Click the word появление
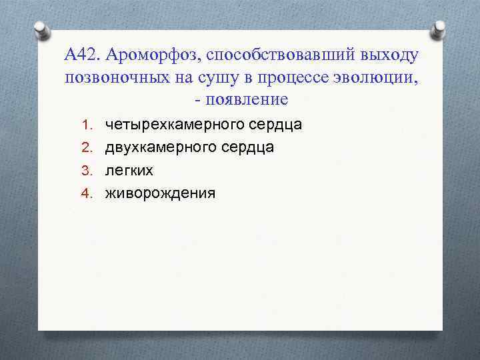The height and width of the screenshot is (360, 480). pyautogui.click(x=249, y=99)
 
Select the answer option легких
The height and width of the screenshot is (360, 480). pyautogui.click(x=129, y=171)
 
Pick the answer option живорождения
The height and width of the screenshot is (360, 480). pyautogui.click(x=160, y=194)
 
